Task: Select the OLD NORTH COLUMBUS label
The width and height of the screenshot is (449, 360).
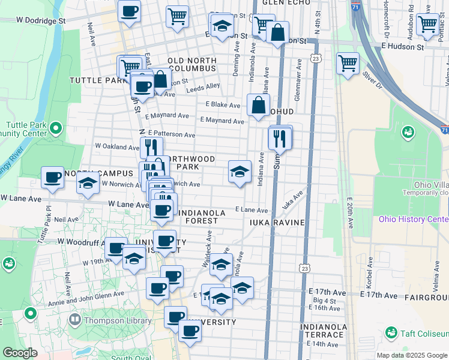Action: click(191, 64)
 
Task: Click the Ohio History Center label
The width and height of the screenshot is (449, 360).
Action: click(413, 219)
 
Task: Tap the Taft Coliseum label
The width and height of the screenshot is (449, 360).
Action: click(424, 334)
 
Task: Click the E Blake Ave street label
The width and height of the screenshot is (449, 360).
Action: click(223, 104)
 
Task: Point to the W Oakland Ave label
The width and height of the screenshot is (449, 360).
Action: click(117, 146)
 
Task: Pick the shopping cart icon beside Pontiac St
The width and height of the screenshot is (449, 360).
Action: click(428, 24)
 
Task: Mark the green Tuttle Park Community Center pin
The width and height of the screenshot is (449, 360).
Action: click(56, 128)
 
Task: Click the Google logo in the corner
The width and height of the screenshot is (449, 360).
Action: click(20, 353)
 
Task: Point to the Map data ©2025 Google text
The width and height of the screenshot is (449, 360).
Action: click(411, 355)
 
